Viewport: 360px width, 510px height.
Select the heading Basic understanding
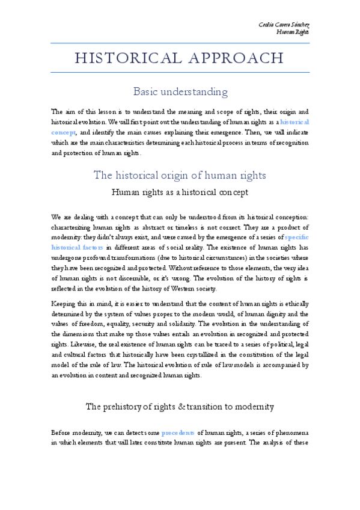point(180,92)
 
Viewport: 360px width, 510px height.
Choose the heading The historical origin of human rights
point(180,175)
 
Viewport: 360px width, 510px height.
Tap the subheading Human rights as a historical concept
point(180,192)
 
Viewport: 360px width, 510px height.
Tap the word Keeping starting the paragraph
point(64,304)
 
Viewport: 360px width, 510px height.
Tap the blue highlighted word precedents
point(178,432)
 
